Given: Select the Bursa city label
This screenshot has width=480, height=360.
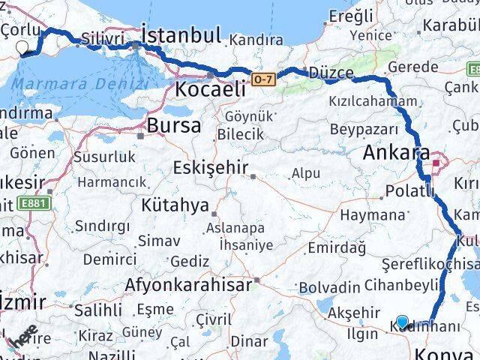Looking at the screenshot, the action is [174, 125].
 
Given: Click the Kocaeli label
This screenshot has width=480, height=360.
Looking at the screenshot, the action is [210, 89].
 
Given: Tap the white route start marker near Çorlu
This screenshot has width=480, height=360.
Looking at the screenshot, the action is [22, 47].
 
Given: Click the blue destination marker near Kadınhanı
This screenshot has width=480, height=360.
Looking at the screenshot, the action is [403, 322].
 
